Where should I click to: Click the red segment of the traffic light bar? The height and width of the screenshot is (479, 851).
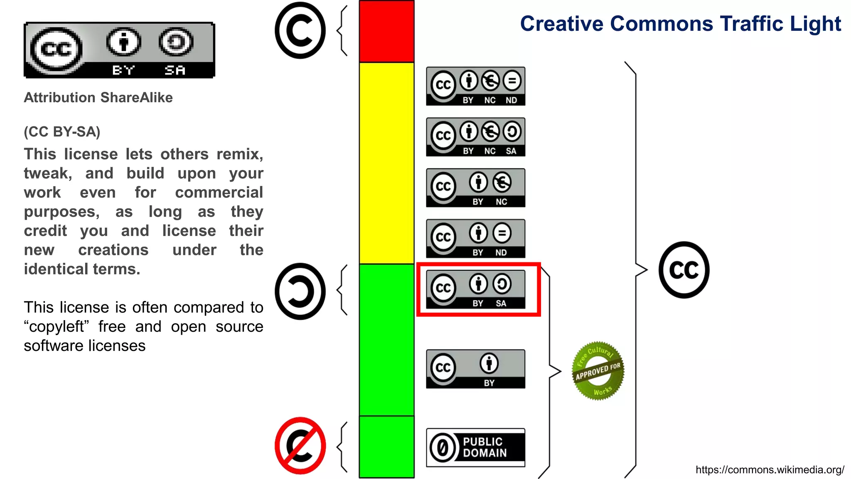pyautogui.click(x=386, y=32)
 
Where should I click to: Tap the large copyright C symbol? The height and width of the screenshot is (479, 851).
pyautogui.click(x=300, y=30)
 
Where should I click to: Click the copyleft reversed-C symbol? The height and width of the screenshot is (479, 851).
pyautogui.click(x=300, y=291)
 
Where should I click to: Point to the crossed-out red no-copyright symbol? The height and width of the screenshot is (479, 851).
pyautogui.click(x=300, y=445)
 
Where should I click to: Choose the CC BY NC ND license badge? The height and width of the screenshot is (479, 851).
pyautogui.click(x=475, y=86)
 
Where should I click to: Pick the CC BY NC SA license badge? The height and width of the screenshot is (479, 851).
pyautogui.click(x=475, y=137)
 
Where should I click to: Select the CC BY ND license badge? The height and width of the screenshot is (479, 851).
pyautogui.click(x=475, y=239)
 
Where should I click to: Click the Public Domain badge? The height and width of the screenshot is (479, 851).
pyautogui.click(x=475, y=447)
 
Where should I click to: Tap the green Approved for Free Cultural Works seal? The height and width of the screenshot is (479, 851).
pyautogui.click(x=598, y=371)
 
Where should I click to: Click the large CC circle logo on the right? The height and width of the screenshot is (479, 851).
pyautogui.click(x=684, y=270)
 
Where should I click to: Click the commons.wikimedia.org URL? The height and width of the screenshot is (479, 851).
pyautogui.click(x=770, y=470)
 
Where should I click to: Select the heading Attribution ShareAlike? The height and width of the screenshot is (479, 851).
pyautogui.click(x=98, y=98)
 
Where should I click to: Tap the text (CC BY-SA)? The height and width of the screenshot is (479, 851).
pyautogui.click(x=62, y=132)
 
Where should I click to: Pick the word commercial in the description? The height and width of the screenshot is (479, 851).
pyautogui.click(x=219, y=193)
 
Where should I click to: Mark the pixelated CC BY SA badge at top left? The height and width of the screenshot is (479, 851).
pyautogui.click(x=119, y=50)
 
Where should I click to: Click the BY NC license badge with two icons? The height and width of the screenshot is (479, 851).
pyautogui.click(x=475, y=188)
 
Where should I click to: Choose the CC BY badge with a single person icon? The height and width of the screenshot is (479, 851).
pyautogui.click(x=475, y=369)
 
